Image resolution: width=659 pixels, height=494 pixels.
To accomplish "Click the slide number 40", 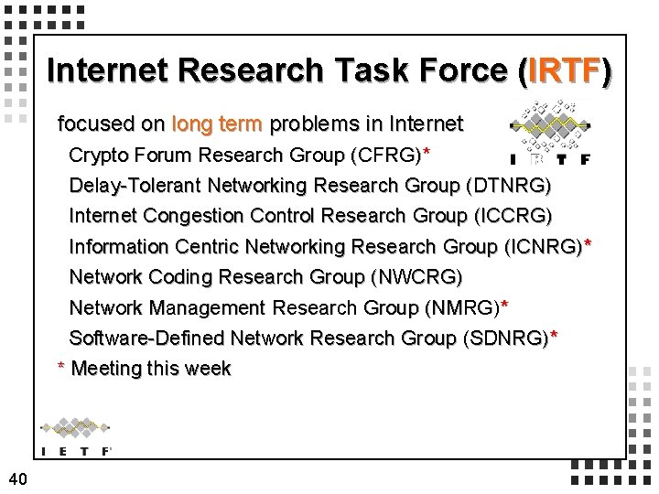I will [17, 477].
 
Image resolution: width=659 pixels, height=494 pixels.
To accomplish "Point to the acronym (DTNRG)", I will [508, 185].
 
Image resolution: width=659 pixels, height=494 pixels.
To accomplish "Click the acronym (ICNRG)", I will [543, 246].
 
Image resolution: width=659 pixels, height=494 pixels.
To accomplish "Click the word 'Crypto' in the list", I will [100, 153].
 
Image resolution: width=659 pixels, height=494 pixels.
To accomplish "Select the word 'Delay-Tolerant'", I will [135, 185].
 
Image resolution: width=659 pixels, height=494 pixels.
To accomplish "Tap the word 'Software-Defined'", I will [147, 338].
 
